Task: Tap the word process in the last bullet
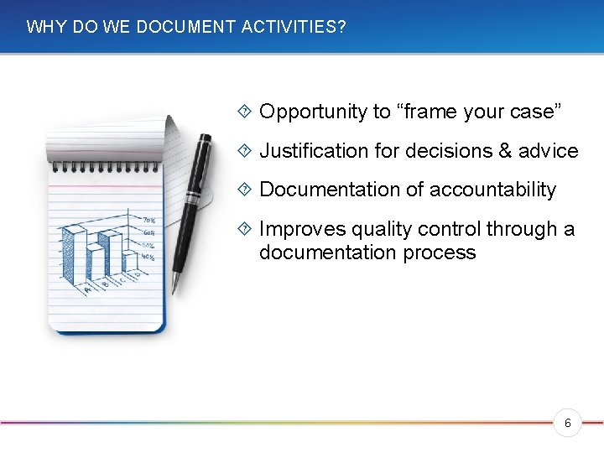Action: (x=443, y=253)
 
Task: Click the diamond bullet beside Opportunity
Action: (x=244, y=112)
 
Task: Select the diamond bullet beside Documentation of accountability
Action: (x=244, y=190)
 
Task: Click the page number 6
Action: (x=568, y=424)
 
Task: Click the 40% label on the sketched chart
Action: (x=148, y=258)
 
